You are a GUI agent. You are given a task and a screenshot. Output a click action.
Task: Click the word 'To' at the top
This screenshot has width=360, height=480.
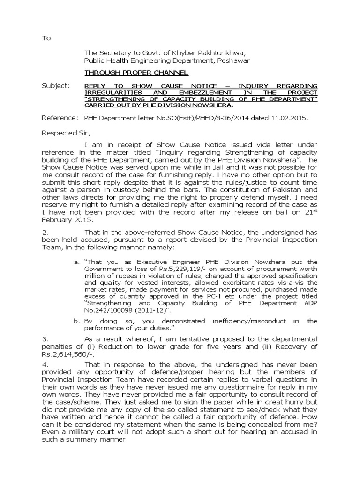pos(46,38)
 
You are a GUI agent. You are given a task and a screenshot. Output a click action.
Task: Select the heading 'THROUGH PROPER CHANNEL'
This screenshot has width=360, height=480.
pos(136,73)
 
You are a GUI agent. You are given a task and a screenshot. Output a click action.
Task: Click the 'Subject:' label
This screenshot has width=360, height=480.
pos(55,86)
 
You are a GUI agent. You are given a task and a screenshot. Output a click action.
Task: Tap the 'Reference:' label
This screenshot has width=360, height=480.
pos(59,119)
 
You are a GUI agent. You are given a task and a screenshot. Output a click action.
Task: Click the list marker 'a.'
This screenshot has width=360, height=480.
pos(77,262)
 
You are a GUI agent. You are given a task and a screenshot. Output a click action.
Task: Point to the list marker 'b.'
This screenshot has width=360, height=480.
pos(77,321)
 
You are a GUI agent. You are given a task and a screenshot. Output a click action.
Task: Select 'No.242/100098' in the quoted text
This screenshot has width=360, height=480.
pos(108,311)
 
